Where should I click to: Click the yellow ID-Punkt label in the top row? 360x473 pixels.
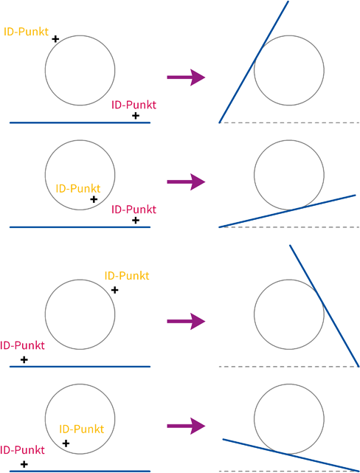tap(27, 32)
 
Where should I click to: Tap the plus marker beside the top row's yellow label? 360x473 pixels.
tap(55, 39)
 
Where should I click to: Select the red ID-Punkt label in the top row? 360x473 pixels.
tap(134, 105)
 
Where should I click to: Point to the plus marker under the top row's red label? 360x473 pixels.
tap(136, 116)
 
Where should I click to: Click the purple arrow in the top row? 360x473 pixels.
tap(186, 77)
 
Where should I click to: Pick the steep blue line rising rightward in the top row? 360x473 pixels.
tap(254, 62)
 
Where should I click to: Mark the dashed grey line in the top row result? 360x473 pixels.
tap(289, 122)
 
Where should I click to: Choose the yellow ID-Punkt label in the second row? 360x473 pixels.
tap(78, 189)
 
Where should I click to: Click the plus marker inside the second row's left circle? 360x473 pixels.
tap(94, 199)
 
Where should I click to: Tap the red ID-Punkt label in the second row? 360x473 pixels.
tap(134, 210)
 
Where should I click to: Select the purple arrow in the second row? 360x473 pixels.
tap(186, 182)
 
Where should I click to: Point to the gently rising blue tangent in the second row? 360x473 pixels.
tap(288, 211)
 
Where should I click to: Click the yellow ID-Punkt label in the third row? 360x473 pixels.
tap(127, 276)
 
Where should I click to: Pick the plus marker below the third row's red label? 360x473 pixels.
tap(24, 359)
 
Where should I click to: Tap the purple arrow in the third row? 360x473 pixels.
tap(186, 321)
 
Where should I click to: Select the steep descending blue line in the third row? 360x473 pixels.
tap(325, 306)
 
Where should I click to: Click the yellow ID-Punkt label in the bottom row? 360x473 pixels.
tap(82, 429)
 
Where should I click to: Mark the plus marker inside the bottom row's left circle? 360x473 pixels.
tap(66, 443)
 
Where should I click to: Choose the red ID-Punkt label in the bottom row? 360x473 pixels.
tap(22, 450)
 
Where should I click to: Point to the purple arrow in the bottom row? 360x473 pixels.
tap(186, 426)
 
